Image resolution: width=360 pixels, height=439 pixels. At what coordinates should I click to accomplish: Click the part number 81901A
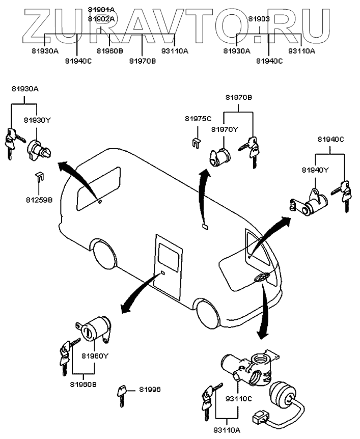pyautogui.click(x=101, y=10)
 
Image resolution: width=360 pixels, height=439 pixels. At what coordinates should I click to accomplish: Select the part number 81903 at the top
pyautogui.click(x=259, y=18)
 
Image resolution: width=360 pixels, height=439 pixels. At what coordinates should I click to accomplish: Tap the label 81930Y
pyautogui.click(x=37, y=120)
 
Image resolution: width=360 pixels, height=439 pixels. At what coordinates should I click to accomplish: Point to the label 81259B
pyautogui.click(x=39, y=200)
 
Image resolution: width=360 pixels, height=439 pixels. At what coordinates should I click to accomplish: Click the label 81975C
pyautogui.click(x=198, y=119)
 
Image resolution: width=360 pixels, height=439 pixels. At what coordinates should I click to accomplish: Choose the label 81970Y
pyautogui.click(x=225, y=129)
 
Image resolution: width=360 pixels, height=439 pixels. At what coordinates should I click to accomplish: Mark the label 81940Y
pyautogui.click(x=316, y=170)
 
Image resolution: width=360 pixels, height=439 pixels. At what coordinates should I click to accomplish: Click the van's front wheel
pyautogui.click(x=209, y=313)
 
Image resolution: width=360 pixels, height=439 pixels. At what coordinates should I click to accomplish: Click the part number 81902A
pyautogui.click(x=101, y=18)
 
